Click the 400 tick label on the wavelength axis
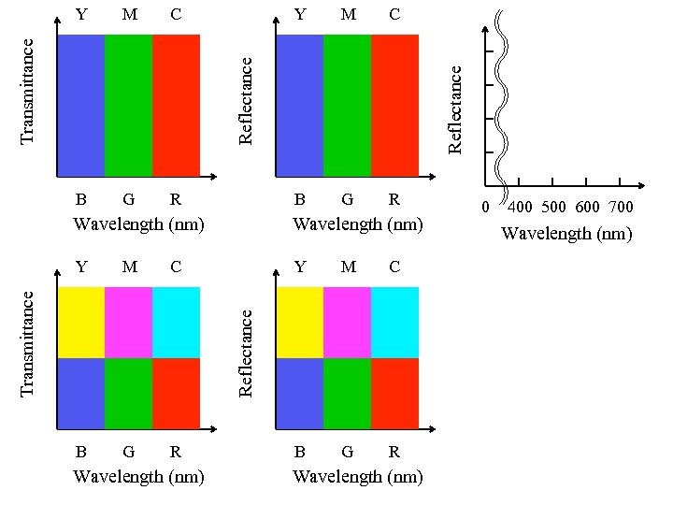[x=521, y=207]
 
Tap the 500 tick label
[x=555, y=207]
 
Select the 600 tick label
[x=588, y=207]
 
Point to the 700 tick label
[x=621, y=207]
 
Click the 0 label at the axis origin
[x=484, y=207]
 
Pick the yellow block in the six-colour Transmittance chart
[x=81, y=322]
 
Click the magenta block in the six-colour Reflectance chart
[x=347, y=322]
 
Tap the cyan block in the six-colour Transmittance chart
[x=176, y=322]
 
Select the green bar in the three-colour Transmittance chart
[x=128, y=105]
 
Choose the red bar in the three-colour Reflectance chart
[x=394, y=105]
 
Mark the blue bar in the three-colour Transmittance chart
[x=81, y=105]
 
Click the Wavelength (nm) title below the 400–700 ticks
[x=566, y=234]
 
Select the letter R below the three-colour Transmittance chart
[x=175, y=198]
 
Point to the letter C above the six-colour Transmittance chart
[x=175, y=267]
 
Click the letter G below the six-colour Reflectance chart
[x=347, y=452]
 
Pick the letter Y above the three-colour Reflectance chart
[x=299, y=14]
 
